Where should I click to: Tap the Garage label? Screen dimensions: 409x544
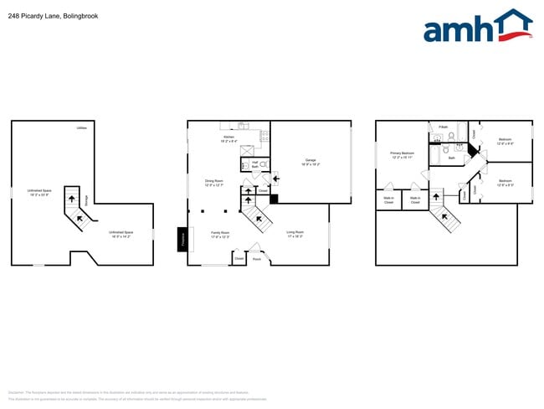[x=310, y=162]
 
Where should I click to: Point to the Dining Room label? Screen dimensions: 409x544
[x=214, y=183]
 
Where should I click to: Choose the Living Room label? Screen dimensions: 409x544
[x=295, y=234]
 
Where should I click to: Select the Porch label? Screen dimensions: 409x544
[x=257, y=259]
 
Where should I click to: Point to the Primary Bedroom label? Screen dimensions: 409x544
[x=403, y=155]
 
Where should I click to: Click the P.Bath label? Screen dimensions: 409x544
[x=443, y=127]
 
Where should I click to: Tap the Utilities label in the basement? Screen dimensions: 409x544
[x=81, y=128]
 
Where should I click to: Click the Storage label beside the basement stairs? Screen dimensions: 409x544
[x=85, y=199]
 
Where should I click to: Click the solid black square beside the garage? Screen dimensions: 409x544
[x=274, y=199]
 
